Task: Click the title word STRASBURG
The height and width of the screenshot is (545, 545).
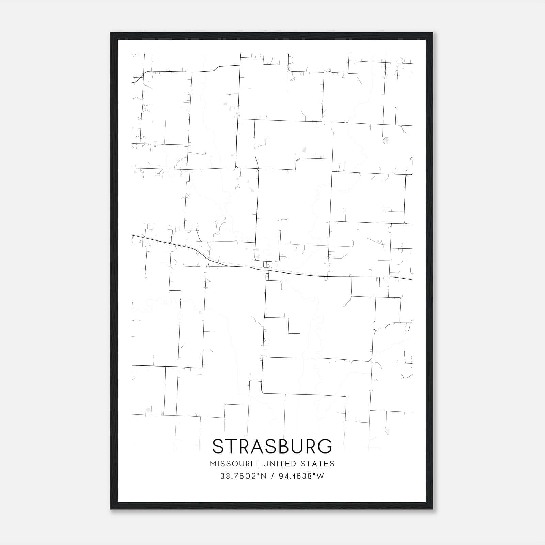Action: [272, 446]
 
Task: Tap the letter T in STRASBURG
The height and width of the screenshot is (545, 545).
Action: [231, 446]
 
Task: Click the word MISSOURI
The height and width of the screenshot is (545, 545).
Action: [231, 464]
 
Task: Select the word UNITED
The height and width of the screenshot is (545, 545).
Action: [280, 464]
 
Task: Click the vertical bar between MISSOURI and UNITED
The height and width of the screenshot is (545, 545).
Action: [258, 464]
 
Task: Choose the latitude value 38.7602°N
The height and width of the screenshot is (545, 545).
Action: [243, 476]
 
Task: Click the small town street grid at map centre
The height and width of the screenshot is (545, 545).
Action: [269, 265]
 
